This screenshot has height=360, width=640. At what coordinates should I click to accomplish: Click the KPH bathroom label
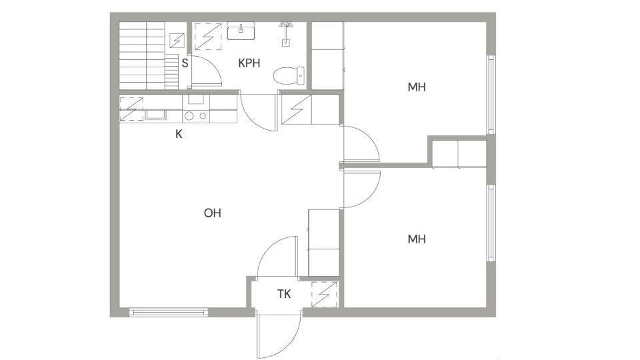pyautogui.click(x=249, y=63)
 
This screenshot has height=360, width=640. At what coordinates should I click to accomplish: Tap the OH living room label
pyautogui.click(x=212, y=213)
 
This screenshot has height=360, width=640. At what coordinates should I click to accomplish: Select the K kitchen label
pyautogui.click(x=179, y=134)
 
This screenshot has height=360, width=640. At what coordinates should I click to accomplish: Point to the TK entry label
pyautogui.click(x=284, y=294)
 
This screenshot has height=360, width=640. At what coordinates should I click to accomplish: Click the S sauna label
pyautogui.click(x=185, y=63)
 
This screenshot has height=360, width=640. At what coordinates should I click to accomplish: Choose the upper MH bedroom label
pyautogui.click(x=417, y=87)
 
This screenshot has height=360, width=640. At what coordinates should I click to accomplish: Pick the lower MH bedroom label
pyautogui.click(x=417, y=239)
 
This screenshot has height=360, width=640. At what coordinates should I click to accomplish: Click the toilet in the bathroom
pyautogui.click(x=289, y=76)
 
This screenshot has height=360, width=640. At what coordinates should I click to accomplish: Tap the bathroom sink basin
pyautogui.click(x=241, y=31)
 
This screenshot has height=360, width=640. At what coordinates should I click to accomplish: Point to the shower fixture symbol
pyautogui.click(x=285, y=33)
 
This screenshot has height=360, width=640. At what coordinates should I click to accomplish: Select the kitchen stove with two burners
pyautogui.click(x=195, y=116)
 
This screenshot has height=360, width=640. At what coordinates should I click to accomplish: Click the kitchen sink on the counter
pyautogui.click(x=155, y=115)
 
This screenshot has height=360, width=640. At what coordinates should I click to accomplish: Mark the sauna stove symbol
pyautogui.click(x=177, y=41)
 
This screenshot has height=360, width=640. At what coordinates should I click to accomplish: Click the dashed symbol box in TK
pyautogui.click(x=325, y=294)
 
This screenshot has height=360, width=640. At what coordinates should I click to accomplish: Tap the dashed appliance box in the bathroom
pyautogui.click(x=208, y=36)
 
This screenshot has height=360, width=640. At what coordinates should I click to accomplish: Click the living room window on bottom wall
pyautogui.click(x=169, y=313)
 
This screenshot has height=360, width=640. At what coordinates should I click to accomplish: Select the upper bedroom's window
pyautogui.click(x=491, y=95)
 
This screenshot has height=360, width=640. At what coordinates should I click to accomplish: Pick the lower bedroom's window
pyautogui.click(x=491, y=223)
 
